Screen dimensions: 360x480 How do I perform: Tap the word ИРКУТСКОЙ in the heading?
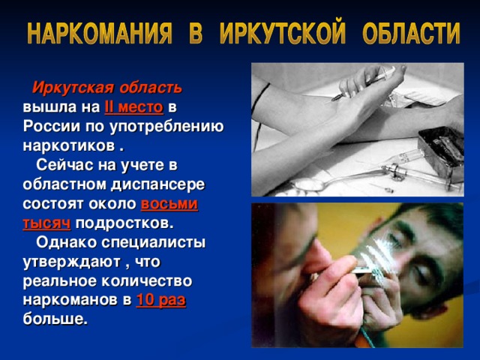point(286,34)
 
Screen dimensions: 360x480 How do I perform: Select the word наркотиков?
point(67,144)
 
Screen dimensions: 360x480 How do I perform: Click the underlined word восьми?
point(169,203)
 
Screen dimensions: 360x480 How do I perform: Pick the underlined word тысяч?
point(47,223)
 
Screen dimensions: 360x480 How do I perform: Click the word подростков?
point(124,223)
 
